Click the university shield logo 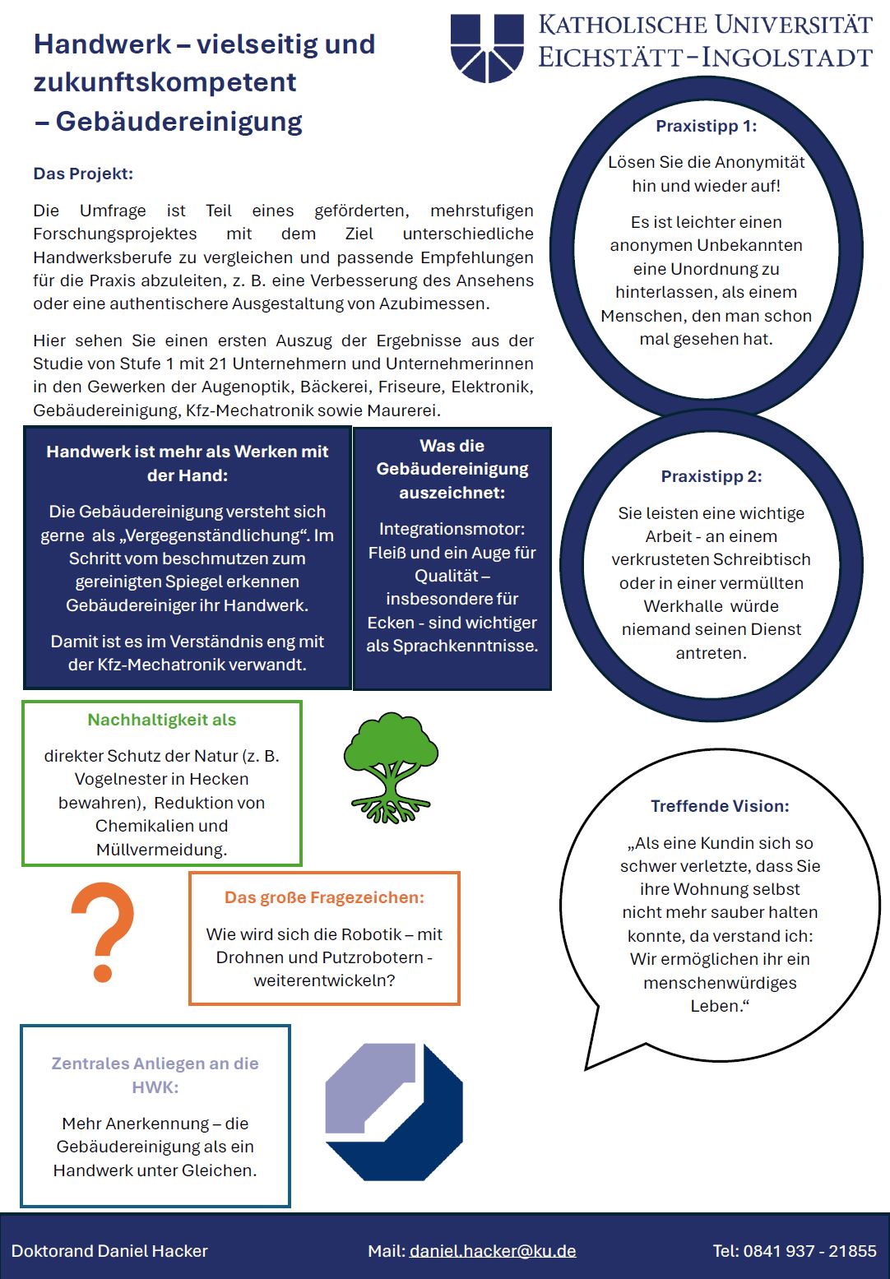coord(487,47)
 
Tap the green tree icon coord(390,767)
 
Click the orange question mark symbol coord(103,931)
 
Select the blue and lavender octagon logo coord(394,1111)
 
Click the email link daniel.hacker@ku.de coord(493,1251)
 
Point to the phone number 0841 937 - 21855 coord(809,1251)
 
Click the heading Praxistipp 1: coord(706,126)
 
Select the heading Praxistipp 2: coord(711,476)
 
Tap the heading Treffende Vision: coord(720,806)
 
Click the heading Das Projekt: coord(83,174)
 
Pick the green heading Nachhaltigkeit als coord(162,720)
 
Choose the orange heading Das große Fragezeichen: coord(324,897)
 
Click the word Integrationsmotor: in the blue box coord(452,529)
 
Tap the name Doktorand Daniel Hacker coord(109,1251)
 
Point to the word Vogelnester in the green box coord(120,779)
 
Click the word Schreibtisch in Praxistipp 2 coord(761,559)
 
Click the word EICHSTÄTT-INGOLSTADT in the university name coord(705,58)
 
